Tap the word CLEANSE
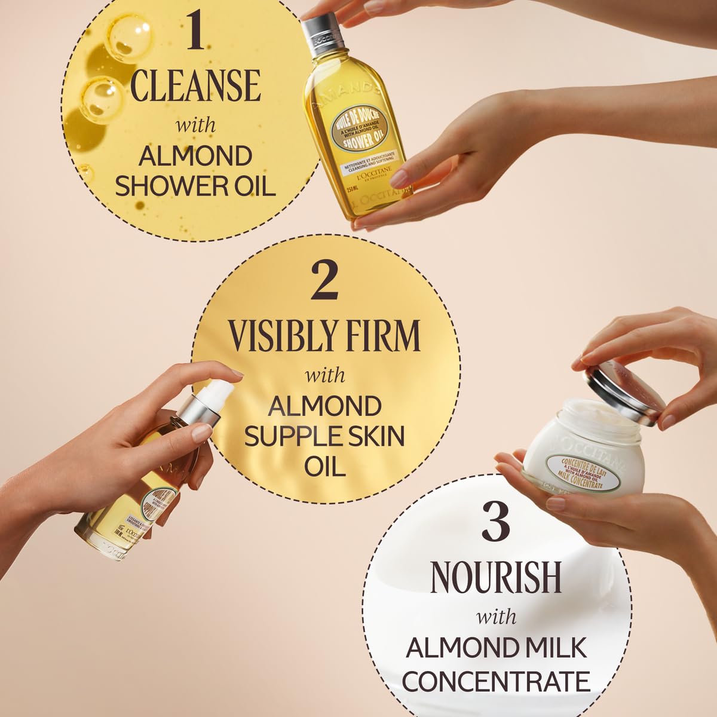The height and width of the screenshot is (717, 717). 195,85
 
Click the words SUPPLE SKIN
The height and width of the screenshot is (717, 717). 324,436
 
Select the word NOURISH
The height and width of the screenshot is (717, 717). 495,577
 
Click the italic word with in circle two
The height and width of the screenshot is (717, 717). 325,375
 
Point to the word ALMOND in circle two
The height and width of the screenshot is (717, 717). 324,406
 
